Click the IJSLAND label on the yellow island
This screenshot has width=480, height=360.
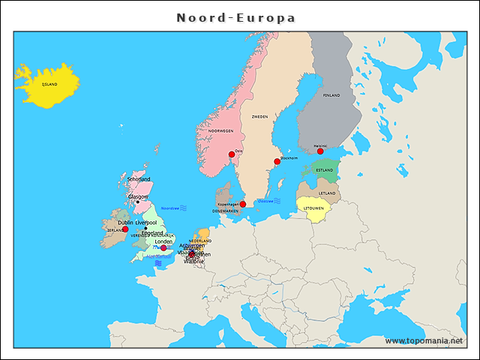coord(49,84)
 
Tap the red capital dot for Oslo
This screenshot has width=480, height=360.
coord(232,154)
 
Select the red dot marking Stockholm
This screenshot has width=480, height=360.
coord(277,161)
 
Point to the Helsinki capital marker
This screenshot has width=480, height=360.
coord(320,151)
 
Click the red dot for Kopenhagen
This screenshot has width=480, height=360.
coord(243,204)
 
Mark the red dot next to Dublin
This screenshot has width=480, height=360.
coord(125,229)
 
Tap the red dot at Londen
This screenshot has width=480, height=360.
coord(163,248)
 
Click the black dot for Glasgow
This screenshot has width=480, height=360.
coord(137,202)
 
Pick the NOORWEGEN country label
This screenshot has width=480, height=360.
coord(221,130)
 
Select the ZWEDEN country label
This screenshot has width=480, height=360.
coord(259,117)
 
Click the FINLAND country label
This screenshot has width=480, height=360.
coord(331,95)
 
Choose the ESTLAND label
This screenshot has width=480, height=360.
coord(325,170)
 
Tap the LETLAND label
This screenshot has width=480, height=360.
coord(327,193)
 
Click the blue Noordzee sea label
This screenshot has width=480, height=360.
coord(171,208)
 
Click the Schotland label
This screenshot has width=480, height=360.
coord(139,179)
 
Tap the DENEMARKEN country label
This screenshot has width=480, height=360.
coord(225,211)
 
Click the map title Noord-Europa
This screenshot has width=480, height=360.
coord(236,17)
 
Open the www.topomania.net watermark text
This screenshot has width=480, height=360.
coord(424,340)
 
